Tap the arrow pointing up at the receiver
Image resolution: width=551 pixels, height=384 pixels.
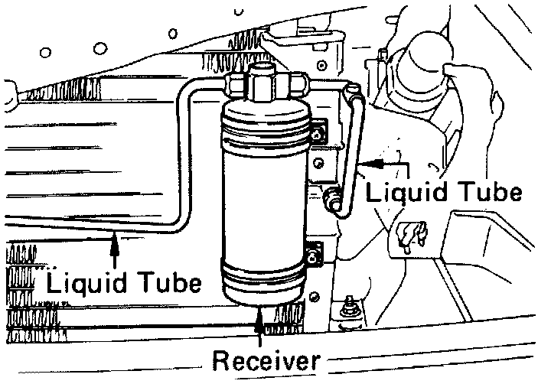click(262, 321)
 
